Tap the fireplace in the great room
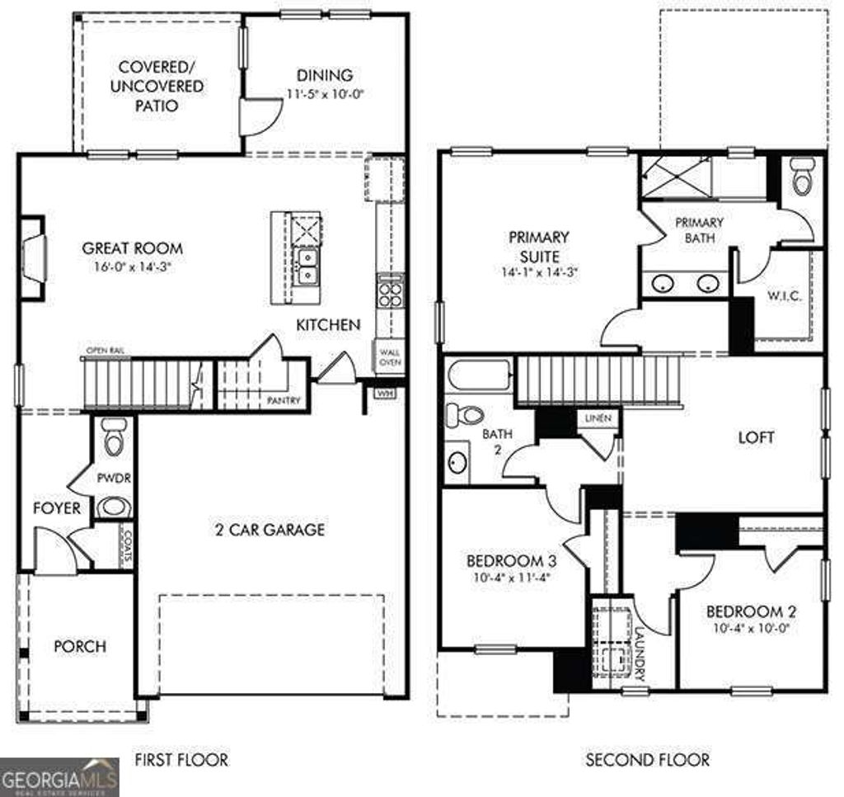(x=33, y=258)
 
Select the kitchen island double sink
(x=306, y=266)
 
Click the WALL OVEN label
(x=389, y=357)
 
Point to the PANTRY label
(x=284, y=401)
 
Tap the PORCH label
(x=80, y=646)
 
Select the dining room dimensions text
(x=326, y=93)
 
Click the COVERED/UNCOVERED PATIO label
(x=149, y=86)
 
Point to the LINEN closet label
(x=598, y=418)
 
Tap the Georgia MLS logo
(x=59, y=776)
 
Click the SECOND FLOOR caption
(x=647, y=759)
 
